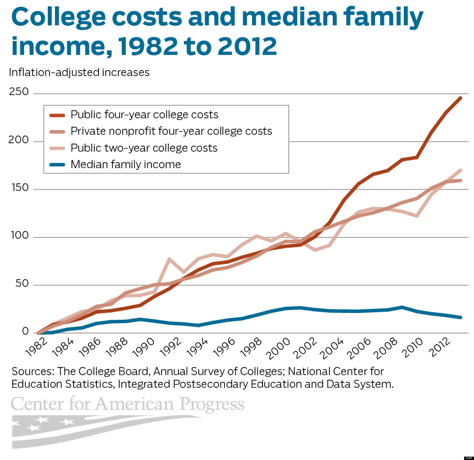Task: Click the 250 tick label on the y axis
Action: (19, 92)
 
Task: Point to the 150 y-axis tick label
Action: (20, 187)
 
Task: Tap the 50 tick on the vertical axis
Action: (22, 283)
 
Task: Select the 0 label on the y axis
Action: (25, 331)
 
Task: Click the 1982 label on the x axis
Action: (36, 347)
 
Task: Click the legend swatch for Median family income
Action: (57, 165)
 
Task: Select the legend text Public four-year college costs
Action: (144, 115)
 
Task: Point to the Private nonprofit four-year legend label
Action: (171, 131)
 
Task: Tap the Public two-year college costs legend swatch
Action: (57, 148)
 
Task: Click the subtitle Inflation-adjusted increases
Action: (79, 72)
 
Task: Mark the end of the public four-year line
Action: (461, 98)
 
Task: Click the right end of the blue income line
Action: (461, 317)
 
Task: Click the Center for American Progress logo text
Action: (127, 404)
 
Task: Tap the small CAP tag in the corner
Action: (469, 458)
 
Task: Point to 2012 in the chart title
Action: (247, 46)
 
